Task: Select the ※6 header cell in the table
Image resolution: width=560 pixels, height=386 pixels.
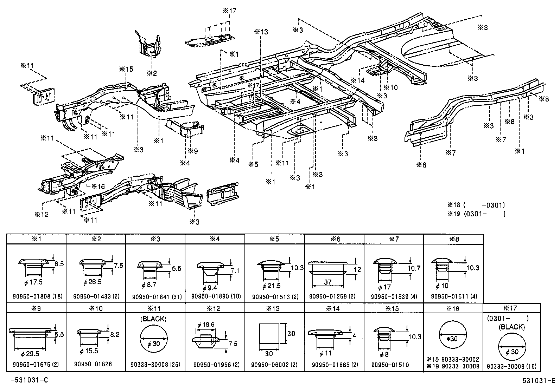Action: (334, 239)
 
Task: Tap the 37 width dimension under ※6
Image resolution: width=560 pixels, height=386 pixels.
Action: (327, 282)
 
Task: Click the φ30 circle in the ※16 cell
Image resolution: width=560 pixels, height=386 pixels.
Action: (453, 339)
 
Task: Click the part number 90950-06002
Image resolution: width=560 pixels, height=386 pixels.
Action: (270, 365)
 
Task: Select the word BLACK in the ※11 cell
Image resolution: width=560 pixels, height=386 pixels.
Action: (153, 319)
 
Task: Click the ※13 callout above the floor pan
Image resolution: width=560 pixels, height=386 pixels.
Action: (261, 32)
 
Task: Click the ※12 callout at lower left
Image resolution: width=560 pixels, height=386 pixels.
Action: (42, 214)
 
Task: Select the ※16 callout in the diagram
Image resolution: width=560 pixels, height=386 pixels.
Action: (98, 187)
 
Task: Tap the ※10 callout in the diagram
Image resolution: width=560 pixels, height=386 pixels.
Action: (390, 87)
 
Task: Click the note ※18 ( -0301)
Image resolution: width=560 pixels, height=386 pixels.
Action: (476, 205)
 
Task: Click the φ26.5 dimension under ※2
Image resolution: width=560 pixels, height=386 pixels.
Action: (93, 282)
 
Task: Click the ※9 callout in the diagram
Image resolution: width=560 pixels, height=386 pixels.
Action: (192, 151)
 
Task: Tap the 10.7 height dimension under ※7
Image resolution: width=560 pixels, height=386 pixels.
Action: (414, 268)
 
